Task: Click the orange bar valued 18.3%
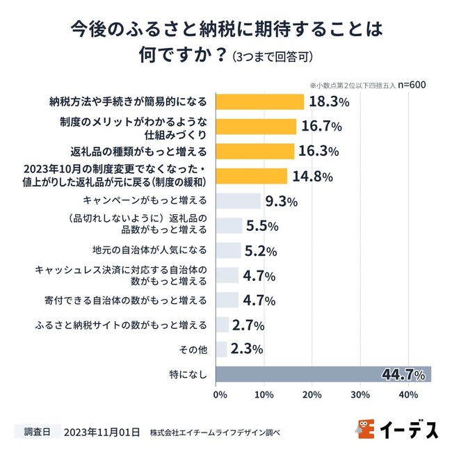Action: click(260, 102)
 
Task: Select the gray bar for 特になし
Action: click(323, 374)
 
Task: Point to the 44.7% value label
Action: click(403, 375)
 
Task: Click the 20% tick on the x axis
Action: click(311, 396)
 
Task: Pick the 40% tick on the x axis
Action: click(408, 396)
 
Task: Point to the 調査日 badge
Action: click(38, 431)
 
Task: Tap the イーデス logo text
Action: click(409, 430)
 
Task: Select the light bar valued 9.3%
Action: click(238, 201)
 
